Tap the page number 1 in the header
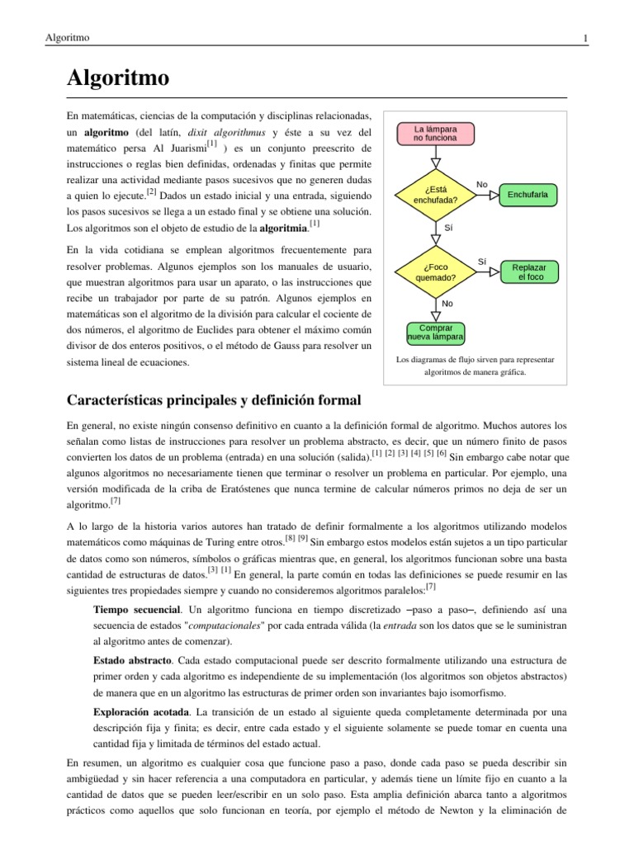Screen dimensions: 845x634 (584, 38)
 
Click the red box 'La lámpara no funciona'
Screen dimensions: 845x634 (436, 133)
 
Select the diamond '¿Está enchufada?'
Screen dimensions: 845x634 (436, 195)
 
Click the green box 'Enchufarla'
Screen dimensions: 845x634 (528, 195)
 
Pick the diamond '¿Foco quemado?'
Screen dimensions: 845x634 (436, 272)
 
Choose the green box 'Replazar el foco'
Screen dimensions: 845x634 (528, 272)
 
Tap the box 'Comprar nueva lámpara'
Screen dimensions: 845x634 (436, 333)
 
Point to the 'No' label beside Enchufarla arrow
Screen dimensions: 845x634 (482, 183)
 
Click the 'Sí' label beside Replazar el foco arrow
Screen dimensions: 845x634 (482, 261)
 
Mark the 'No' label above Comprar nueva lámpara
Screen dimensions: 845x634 (447, 304)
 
